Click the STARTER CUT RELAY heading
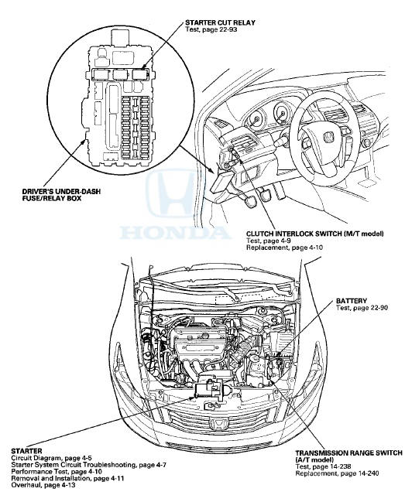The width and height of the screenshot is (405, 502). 220,22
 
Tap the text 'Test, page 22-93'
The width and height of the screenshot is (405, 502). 211,29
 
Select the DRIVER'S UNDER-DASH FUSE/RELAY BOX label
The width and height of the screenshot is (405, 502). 61,195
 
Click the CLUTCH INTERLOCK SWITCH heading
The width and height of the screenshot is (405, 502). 315,234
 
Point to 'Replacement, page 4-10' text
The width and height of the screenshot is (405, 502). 284,248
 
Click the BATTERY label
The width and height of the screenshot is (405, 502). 352,301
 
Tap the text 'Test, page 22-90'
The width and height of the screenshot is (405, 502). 362,308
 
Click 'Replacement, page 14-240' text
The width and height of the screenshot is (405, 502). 337,473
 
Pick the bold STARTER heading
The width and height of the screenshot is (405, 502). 26,451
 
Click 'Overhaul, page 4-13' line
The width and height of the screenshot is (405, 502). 43,485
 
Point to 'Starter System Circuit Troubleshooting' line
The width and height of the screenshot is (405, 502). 88,465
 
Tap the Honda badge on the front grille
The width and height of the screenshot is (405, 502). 219,424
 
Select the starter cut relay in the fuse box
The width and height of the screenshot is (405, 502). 141,74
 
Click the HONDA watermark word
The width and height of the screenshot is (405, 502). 175,233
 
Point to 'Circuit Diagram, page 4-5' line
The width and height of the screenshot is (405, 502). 51,458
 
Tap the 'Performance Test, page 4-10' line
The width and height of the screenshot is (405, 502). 57,472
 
